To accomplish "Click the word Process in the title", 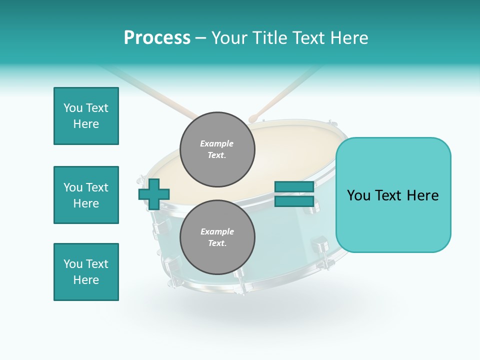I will point(157,38).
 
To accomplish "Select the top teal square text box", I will point(86,116).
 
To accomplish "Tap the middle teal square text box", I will point(86,195).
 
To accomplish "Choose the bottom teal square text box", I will point(86,272).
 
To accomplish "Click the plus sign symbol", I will point(154,194).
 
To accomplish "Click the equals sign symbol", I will point(294,194).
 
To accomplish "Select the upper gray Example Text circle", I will point(217,149).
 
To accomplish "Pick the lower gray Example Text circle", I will point(217,237).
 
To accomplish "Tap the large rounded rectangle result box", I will point(393,195).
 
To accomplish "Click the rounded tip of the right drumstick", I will point(253,118).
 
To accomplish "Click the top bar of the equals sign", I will point(294,187).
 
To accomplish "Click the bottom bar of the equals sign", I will point(294,201).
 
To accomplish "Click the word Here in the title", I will point(349,38).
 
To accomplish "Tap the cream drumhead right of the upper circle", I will point(290,150).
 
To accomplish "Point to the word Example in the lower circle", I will point(217,231).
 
